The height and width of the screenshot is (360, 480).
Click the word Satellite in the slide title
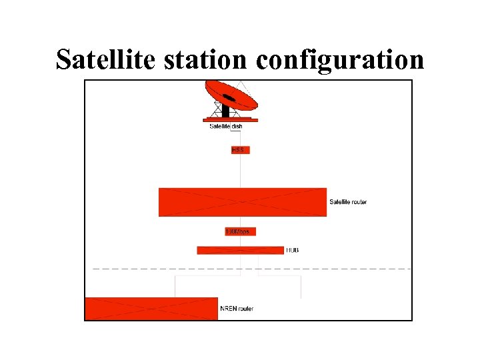tap(105, 59)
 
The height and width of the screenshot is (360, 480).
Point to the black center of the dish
tap(229, 98)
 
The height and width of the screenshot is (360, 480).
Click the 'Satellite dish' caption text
tap(231, 127)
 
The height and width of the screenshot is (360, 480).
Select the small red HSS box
tap(240, 150)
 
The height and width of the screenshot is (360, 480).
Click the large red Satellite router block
tap(242, 202)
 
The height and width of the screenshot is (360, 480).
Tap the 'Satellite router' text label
tap(348, 202)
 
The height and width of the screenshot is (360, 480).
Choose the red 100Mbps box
tap(241, 231)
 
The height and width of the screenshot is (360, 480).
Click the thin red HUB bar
tap(240, 250)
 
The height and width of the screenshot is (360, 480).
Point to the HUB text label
tap(292, 250)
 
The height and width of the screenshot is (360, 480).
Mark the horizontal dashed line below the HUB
tap(333, 269)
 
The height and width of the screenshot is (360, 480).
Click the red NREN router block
tap(151, 309)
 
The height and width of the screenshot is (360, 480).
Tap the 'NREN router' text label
tap(237, 309)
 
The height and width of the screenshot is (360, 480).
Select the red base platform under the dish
tap(230, 120)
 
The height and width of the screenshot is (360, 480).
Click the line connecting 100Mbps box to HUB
tap(241, 241)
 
